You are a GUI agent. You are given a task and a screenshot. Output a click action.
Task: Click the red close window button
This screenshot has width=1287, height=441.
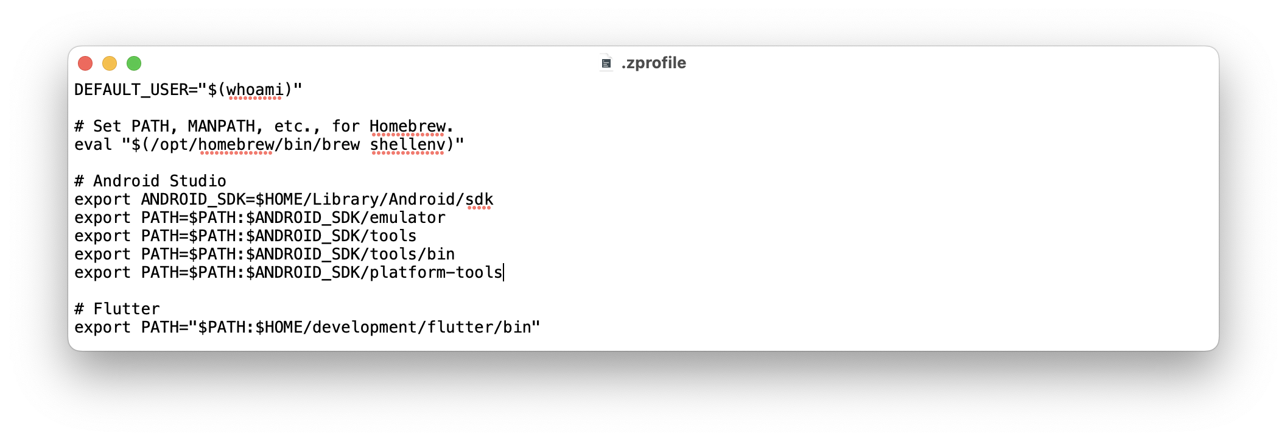(x=85, y=63)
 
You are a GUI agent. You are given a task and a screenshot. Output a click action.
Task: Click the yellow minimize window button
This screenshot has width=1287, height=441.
(x=110, y=63)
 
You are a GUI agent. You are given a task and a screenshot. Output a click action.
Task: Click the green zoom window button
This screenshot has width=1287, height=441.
(x=134, y=63)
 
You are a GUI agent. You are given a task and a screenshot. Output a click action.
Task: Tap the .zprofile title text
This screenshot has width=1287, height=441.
(x=653, y=63)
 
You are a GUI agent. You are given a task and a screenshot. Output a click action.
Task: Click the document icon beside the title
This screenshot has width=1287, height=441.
(x=606, y=63)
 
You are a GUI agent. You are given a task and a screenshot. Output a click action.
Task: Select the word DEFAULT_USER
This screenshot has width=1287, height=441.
(x=131, y=90)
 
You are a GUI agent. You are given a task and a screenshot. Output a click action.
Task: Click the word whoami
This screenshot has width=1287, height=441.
(x=254, y=90)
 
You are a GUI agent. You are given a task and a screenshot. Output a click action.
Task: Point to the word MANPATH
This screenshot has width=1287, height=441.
(x=221, y=127)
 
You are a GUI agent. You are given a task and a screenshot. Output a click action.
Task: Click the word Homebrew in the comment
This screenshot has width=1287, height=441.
(x=407, y=127)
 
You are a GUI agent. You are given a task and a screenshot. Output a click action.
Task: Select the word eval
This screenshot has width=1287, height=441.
(x=93, y=145)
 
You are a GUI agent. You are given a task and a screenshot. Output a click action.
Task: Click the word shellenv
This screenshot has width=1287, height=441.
(x=407, y=145)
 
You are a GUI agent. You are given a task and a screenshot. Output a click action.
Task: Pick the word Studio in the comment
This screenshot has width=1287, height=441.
(x=197, y=182)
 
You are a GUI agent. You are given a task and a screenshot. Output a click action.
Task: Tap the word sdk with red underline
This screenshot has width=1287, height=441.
(x=479, y=200)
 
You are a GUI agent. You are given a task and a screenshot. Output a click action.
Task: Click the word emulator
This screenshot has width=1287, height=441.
(x=407, y=218)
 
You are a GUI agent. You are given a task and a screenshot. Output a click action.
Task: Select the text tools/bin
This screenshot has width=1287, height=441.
(x=412, y=255)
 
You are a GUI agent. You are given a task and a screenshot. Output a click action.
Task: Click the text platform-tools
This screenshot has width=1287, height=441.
(x=436, y=273)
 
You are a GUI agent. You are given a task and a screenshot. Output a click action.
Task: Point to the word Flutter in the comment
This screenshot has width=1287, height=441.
(x=126, y=309)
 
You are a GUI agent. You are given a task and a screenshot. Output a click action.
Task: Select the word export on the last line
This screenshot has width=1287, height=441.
(x=102, y=328)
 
